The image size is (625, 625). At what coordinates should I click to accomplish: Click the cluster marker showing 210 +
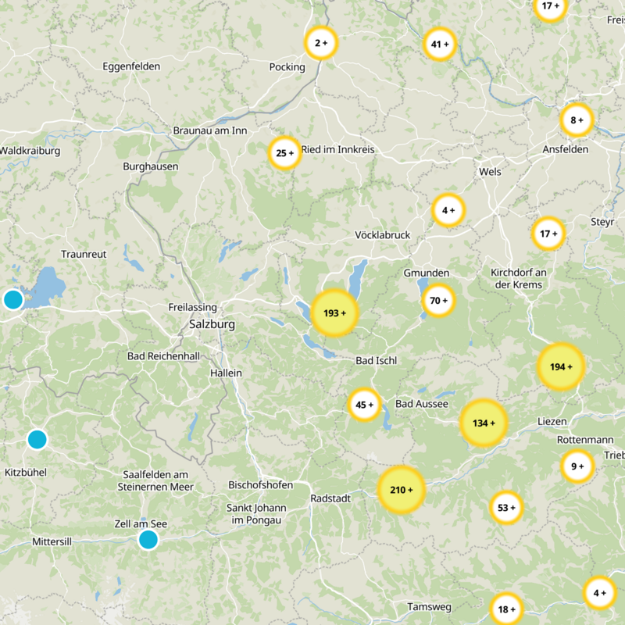coord(401,490)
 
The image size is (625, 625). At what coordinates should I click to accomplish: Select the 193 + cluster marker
coord(334,313)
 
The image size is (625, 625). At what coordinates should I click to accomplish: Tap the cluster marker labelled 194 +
coord(561,366)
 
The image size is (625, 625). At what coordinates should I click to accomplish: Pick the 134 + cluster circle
coord(484,423)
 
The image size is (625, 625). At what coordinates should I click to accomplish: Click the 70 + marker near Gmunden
coord(438,300)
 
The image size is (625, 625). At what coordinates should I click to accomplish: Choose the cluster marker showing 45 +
coord(364,405)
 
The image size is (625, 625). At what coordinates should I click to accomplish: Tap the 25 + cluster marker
coord(284,153)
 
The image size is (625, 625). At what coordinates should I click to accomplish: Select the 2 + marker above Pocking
coord(320,43)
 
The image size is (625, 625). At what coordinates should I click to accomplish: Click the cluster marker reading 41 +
coord(439,45)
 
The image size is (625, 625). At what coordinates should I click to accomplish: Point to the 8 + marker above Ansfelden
coord(577,120)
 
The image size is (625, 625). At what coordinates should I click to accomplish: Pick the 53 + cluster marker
coord(505,508)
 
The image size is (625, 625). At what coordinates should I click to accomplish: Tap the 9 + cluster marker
coord(577,466)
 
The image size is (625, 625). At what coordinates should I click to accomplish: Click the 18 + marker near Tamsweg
coord(505,609)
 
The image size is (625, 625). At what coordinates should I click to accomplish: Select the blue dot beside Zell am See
coord(148,539)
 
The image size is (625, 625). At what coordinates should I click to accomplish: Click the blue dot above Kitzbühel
coord(37,439)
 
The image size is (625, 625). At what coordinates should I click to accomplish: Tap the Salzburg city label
coord(206,323)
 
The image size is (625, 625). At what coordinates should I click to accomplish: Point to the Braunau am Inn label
coord(209,130)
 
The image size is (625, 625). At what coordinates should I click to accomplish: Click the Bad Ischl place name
coord(376,361)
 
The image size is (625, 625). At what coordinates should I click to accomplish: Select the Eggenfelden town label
coord(131,66)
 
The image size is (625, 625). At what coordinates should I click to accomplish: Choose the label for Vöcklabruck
coord(382,235)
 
